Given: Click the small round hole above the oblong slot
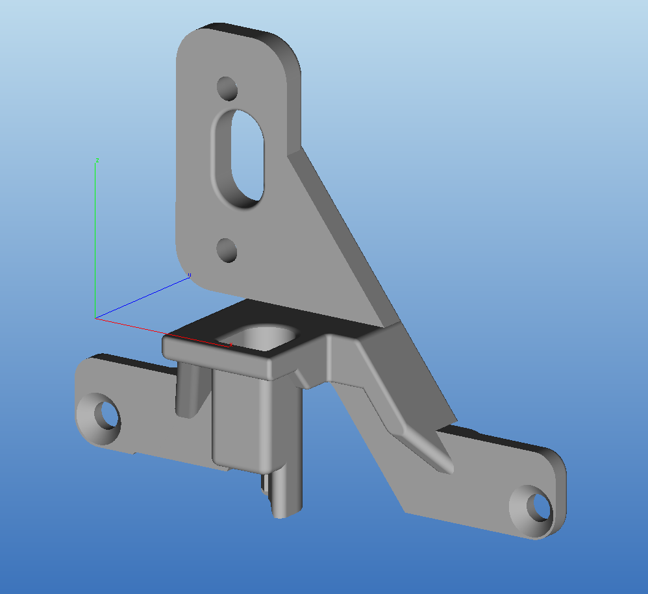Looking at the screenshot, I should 227,88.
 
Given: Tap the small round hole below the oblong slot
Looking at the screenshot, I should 227,250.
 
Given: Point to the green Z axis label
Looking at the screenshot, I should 97,159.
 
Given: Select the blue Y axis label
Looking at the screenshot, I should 189,276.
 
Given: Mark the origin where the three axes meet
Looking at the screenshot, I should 95,318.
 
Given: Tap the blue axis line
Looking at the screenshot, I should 143,297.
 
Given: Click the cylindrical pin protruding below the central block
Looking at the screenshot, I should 286,493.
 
